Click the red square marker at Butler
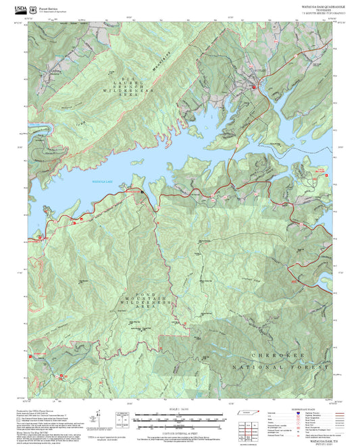point(254,88)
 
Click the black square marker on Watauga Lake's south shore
point(143,192)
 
